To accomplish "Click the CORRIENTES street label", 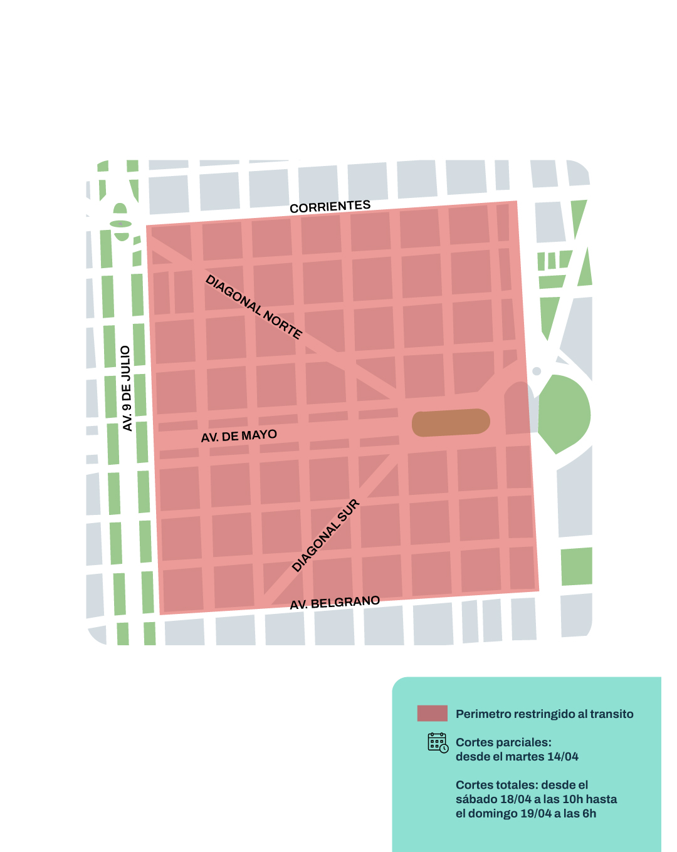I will click(x=330, y=207).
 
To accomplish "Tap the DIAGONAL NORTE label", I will click(x=254, y=307).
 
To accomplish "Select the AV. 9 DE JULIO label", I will click(x=126, y=388).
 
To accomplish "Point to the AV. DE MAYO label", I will click(x=239, y=436).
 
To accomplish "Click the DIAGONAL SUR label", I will click(x=326, y=536).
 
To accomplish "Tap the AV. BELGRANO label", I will click(x=335, y=603).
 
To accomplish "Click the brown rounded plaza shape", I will click(x=451, y=422).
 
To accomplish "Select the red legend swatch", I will click(x=432, y=714).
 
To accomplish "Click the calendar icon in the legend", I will click(x=438, y=742).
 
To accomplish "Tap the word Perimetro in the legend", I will click(x=483, y=714).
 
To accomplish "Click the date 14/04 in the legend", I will click(x=562, y=757).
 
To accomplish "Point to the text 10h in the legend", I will click(x=572, y=799).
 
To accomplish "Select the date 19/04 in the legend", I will click(x=536, y=814).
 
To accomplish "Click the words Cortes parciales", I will click(x=503, y=742).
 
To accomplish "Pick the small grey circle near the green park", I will click(x=537, y=371).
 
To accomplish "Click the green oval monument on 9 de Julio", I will click(x=120, y=223).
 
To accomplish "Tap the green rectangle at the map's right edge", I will click(x=577, y=566).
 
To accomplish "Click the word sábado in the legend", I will click(x=476, y=799).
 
